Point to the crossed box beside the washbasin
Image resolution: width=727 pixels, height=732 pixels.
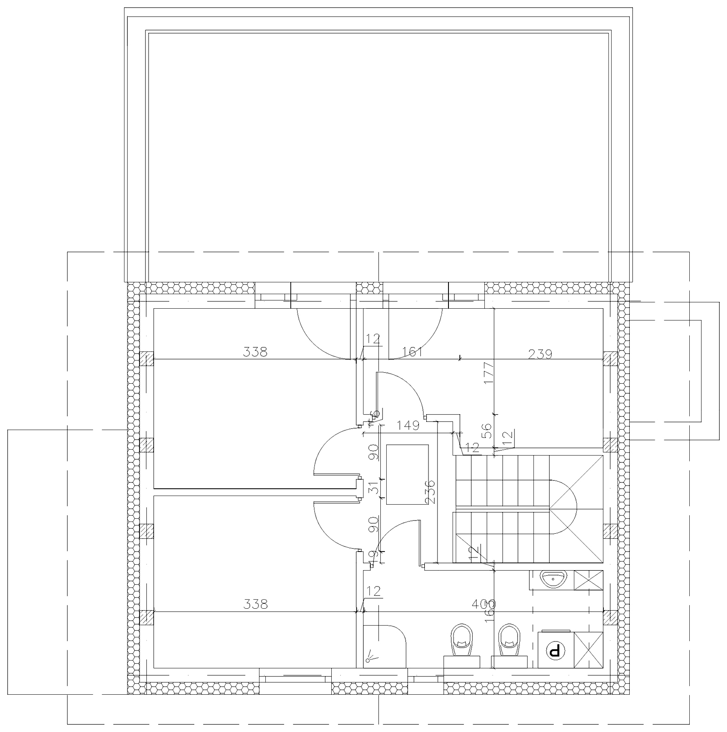tap(588, 580)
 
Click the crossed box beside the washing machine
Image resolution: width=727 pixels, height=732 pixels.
tap(588, 650)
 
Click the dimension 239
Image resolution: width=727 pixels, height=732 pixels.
tap(540, 353)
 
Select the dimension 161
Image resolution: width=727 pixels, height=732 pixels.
tap(413, 351)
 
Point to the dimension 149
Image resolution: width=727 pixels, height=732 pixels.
tap(408, 426)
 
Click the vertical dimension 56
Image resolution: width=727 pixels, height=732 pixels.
tap(486, 430)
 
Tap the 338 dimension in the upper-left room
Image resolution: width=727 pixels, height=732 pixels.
tap(255, 351)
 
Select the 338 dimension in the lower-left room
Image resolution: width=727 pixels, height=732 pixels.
tap(255, 604)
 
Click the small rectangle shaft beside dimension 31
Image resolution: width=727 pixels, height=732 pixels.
tap(407, 474)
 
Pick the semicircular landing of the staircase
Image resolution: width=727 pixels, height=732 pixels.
tap(563, 506)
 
